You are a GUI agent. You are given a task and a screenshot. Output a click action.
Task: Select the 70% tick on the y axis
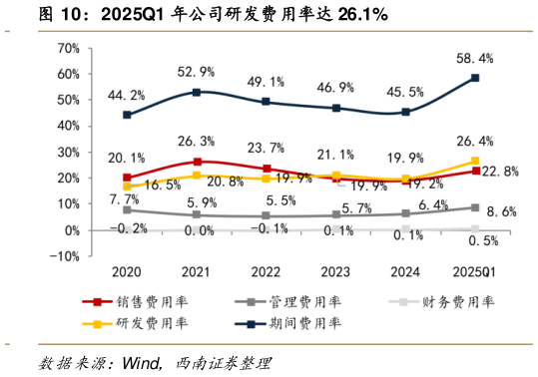[66, 48]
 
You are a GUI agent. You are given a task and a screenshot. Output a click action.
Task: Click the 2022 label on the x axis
[266, 270]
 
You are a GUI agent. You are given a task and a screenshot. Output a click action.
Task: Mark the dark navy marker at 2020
[127, 115]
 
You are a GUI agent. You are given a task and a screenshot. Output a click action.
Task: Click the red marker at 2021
[197, 162]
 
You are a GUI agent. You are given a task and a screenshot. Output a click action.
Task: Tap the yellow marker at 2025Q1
[475, 161]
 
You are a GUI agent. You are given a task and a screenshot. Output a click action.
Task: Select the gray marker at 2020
[127, 209]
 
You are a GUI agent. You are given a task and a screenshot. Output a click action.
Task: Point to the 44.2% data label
[127, 96]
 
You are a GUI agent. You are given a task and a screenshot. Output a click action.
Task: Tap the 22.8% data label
[501, 172]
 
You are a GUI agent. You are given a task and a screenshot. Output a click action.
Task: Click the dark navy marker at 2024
[405, 112]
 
